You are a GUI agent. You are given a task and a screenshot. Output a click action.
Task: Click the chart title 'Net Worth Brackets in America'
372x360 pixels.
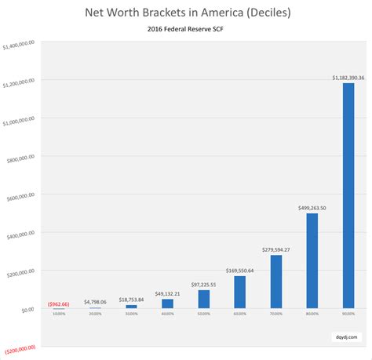pos(186,14)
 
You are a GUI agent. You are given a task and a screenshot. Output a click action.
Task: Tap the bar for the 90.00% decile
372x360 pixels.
pos(348,195)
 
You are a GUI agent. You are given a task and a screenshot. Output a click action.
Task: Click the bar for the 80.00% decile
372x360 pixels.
pos(312,260)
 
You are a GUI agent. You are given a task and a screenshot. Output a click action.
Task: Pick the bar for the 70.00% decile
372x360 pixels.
pos(275,282)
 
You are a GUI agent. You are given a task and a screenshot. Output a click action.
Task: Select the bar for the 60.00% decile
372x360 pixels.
pos(239,292)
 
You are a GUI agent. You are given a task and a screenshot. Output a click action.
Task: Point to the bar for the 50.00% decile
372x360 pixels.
pos(203,299)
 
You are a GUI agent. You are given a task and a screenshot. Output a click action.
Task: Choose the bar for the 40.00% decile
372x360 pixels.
pos(167,304)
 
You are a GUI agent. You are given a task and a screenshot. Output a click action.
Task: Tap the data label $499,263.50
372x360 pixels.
pos(312,208)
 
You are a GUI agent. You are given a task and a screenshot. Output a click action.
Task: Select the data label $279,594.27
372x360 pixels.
pos(275,249)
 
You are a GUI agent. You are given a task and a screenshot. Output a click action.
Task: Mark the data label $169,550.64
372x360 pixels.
pos(239,271)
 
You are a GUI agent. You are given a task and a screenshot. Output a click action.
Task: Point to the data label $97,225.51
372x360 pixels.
pos(203,285)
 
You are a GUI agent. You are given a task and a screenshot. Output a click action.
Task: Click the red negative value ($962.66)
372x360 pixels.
pos(60,303)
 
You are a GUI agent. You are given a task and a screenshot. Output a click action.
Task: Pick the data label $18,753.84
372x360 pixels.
pos(132,300)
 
